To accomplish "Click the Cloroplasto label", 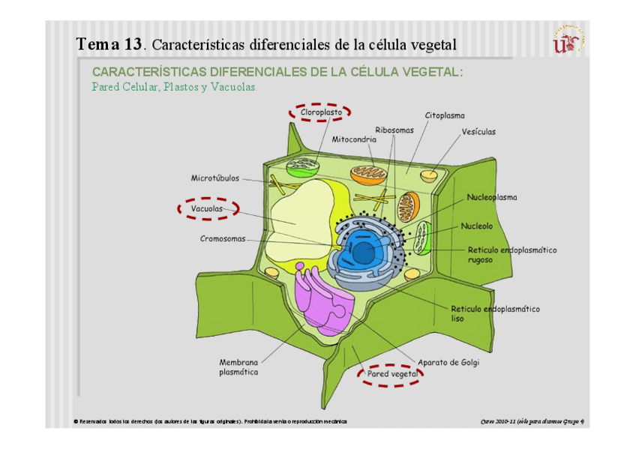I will click(321, 112).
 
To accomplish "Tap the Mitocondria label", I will click(354, 139).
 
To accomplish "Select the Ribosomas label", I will click(394, 130).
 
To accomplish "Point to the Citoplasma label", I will click(445, 115).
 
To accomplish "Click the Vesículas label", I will click(478, 132).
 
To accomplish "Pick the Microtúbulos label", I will click(215, 178).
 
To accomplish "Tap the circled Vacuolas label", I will click(207, 208).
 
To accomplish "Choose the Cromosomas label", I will click(223, 239).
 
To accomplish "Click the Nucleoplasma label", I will click(492, 198).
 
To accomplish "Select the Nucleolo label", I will click(477, 225).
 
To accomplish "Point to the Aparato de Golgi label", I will click(448, 363).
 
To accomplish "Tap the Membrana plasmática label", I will click(238, 367).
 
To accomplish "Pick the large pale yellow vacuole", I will click(300, 214).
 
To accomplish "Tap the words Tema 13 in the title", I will click(109, 44).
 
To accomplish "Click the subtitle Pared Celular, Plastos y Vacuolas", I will click(174, 87).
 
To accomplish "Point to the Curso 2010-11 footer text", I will click(532, 422).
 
